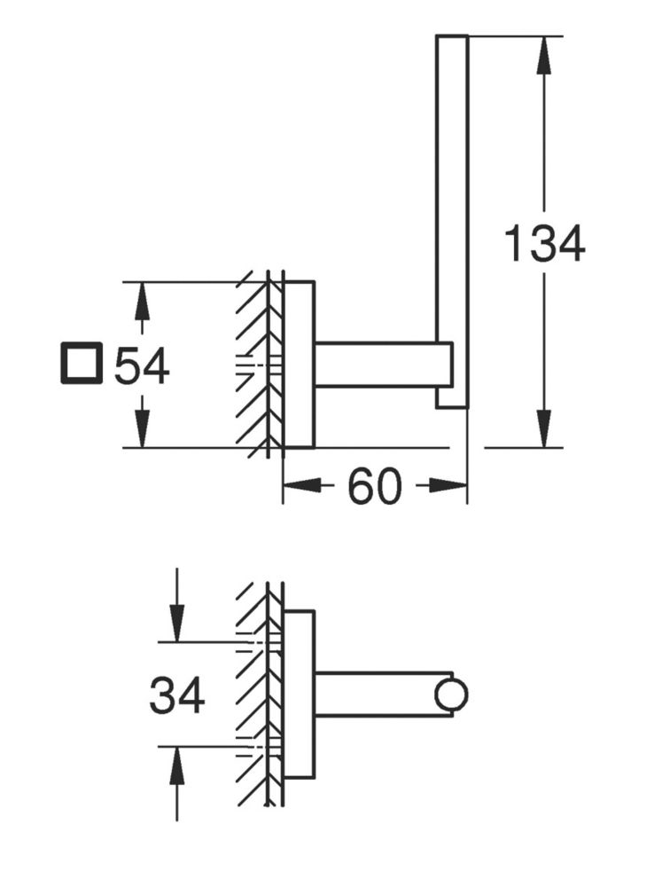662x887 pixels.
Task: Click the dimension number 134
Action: click(544, 245)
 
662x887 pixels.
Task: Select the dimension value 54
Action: click(142, 366)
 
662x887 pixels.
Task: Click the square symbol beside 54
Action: click(82, 363)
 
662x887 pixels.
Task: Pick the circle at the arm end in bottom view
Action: click(451, 695)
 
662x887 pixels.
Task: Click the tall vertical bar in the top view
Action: click(452, 221)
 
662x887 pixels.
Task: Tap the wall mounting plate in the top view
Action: click(298, 365)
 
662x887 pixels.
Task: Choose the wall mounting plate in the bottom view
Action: click(298, 695)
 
